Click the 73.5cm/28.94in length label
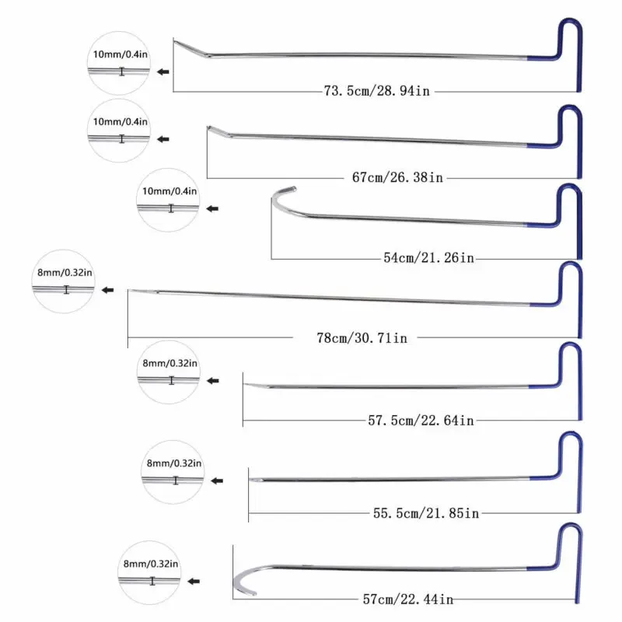click(x=376, y=91)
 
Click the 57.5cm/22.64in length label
click(x=421, y=421)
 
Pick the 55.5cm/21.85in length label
click(x=425, y=512)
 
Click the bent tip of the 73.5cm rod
click(x=187, y=48)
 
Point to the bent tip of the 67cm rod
click(x=218, y=131)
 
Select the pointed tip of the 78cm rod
click(x=135, y=292)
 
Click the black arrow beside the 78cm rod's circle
click(x=108, y=290)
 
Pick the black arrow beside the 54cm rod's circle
click(x=212, y=208)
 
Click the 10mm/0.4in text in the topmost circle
click(x=121, y=56)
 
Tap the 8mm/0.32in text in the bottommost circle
click(x=151, y=564)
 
